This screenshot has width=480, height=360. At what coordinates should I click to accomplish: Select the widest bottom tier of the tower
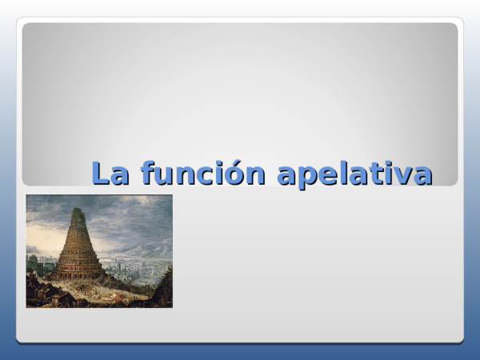coord(79,269)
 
